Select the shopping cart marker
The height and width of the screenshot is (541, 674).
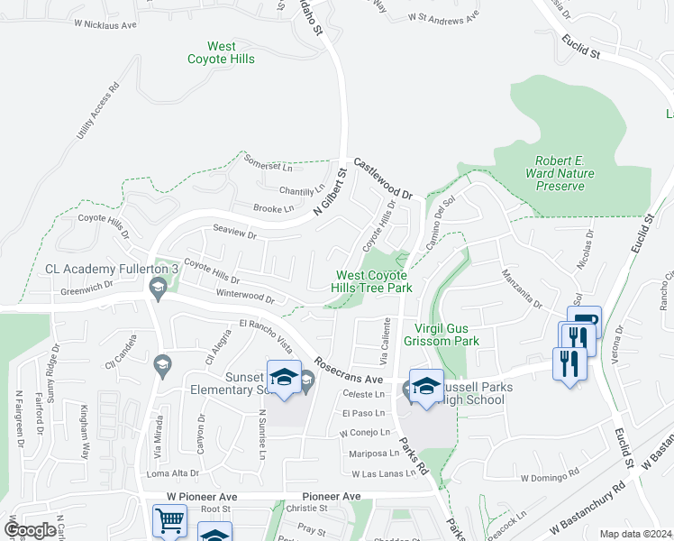pos(169,521)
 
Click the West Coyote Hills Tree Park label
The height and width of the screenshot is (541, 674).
pos(374,282)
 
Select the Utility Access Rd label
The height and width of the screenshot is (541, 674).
pos(98,112)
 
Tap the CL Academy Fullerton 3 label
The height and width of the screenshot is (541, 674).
pos(101,269)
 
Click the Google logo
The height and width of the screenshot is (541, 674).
pos(30,530)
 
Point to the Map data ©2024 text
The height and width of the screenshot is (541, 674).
pos(635,534)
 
